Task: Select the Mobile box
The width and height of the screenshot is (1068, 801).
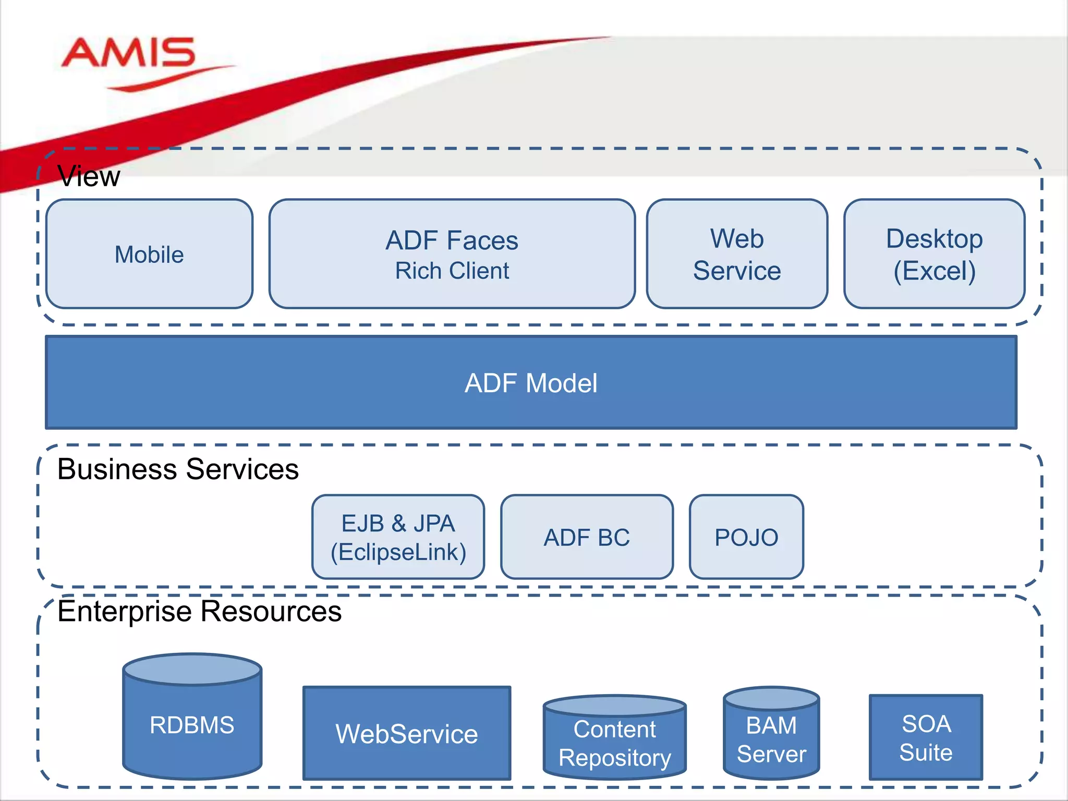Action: [150, 254]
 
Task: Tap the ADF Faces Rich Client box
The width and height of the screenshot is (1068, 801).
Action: [452, 254]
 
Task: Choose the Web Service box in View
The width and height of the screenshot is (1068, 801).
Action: [737, 254]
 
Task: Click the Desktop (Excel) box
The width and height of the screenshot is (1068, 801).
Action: [934, 254]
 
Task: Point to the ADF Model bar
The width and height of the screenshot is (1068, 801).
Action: [531, 383]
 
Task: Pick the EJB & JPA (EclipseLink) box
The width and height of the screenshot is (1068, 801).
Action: [398, 537]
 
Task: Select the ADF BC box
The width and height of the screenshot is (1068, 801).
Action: [587, 537]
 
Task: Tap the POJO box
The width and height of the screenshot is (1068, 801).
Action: [746, 537]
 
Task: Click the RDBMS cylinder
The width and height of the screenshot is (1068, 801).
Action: [192, 725]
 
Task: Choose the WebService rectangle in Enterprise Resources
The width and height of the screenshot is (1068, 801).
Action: [407, 733]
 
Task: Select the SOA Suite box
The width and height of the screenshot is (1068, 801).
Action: [926, 737]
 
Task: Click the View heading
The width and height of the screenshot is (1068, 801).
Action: [89, 176]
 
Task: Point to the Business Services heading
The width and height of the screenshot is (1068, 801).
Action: [178, 469]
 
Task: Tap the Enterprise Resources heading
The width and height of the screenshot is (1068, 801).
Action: [199, 611]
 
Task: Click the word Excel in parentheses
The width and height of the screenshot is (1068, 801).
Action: [935, 271]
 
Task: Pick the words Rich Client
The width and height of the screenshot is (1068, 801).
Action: [452, 271]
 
